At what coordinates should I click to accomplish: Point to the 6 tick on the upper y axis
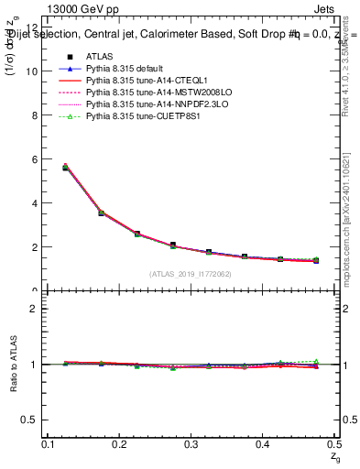tap(34, 159)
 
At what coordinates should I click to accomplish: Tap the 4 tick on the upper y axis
tap(34, 203)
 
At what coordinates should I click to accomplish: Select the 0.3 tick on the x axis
tap(191, 444)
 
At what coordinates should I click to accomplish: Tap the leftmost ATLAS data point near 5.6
tap(66, 168)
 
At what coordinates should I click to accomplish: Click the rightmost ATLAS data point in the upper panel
tap(316, 261)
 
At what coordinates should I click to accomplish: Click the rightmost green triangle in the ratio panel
tap(316, 362)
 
